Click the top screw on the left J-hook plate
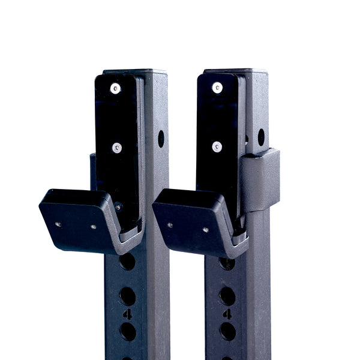115,88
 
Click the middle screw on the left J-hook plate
117,148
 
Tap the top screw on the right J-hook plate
217,88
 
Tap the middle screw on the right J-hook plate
217,146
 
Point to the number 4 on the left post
128,314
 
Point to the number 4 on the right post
227,314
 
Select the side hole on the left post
161,139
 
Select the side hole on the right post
261,137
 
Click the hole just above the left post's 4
127,296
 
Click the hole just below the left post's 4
127,331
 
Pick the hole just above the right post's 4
227,295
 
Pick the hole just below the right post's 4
227,331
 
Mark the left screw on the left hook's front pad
58,224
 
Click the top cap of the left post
135,71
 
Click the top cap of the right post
235,71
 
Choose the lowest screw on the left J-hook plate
118,206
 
